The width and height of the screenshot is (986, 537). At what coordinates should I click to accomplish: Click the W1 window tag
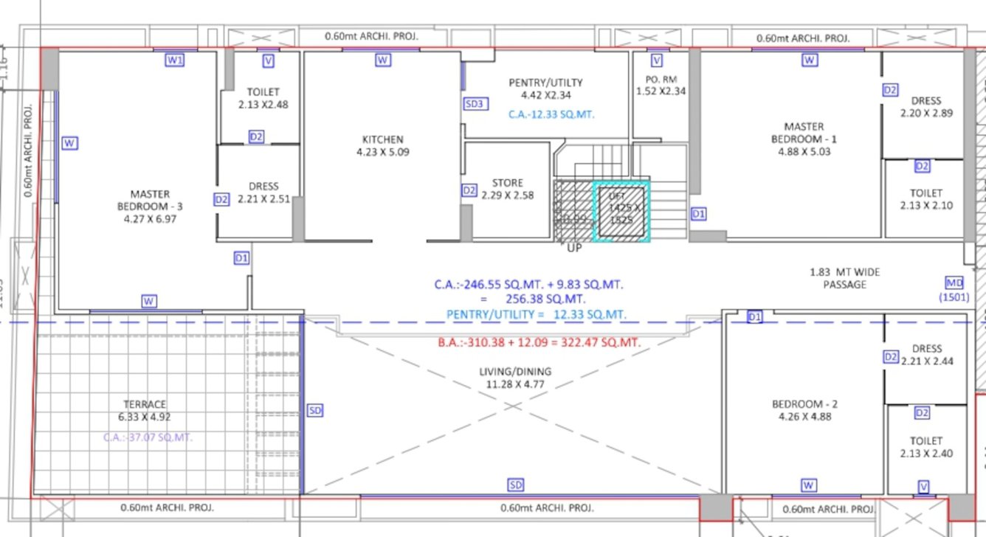[174, 60]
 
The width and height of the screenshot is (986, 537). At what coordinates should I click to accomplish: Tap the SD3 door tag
[474, 104]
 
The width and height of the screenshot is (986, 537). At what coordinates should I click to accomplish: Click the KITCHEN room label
[382, 139]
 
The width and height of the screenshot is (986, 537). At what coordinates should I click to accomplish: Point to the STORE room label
[507, 183]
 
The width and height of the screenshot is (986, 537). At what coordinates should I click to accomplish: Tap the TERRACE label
[145, 404]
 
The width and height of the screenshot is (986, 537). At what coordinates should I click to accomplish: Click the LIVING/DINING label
[515, 372]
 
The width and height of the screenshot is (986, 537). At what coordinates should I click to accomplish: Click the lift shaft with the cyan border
[621, 210]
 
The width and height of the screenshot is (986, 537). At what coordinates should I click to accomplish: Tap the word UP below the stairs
[574, 248]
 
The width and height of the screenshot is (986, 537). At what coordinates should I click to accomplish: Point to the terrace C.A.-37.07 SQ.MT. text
[148, 437]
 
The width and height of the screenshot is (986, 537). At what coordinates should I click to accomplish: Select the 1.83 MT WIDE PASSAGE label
[844, 278]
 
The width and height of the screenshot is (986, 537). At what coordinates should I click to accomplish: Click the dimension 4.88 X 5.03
[804, 152]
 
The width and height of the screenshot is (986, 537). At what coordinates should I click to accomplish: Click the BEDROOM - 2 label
[804, 404]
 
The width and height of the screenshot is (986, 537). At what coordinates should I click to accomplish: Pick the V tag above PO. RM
[656, 60]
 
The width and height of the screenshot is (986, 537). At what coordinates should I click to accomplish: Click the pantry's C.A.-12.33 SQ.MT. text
[551, 114]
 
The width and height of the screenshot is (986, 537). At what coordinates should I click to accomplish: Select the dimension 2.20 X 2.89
[925, 113]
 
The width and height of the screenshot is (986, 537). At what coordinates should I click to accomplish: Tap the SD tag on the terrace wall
[314, 410]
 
